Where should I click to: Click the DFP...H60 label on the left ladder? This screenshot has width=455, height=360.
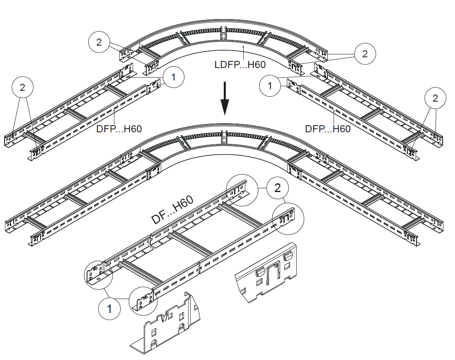pyautogui.click(x=119, y=129)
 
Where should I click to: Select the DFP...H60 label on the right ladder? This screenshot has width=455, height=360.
pyautogui.click(x=328, y=129)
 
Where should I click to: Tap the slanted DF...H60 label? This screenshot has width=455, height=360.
pyautogui.click(x=172, y=210)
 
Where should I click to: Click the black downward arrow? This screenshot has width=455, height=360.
pyautogui.click(x=224, y=98)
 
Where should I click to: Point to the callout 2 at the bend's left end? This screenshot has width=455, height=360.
pyautogui.click(x=99, y=42)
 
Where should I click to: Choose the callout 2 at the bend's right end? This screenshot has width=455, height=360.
pyautogui.click(x=365, y=54)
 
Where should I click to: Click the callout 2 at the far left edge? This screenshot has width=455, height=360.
pyautogui.click(x=23, y=87)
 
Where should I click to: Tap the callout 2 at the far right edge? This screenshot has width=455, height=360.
pyautogui.click(x=435, y=98)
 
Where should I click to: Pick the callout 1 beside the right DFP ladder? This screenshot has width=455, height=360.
pyautogui.click(x=270, y=86)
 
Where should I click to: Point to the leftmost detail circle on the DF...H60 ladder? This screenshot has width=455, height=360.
pyautogui.click(x=99, y=274)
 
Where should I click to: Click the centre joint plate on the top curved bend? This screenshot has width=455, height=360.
pyautogui.click(x=223, y=33)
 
